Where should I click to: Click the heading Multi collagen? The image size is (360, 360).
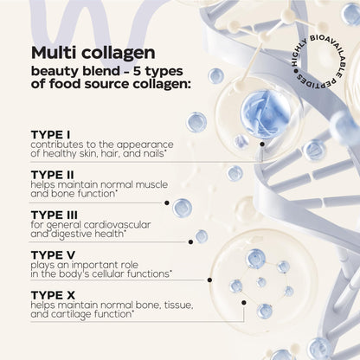(93, 54)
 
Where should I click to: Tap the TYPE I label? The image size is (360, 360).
(50, 135)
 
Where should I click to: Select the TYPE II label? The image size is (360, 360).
(53, 175)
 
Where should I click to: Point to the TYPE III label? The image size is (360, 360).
(55, 215)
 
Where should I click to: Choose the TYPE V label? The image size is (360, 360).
(53, 255)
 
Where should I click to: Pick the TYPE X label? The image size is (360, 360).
(53, 295)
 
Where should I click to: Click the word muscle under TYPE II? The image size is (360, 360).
(151, 184)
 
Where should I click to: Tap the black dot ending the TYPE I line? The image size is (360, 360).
(262, 144)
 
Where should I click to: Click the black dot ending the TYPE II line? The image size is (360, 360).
(167, 202)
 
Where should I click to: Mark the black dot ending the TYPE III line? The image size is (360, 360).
(190, 241)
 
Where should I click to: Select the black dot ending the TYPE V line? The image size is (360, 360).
(209, 280)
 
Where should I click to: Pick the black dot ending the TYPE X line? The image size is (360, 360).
(244, 303)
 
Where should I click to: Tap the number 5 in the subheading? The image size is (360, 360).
(138, 71)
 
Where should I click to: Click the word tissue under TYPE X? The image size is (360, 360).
(178, 305)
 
